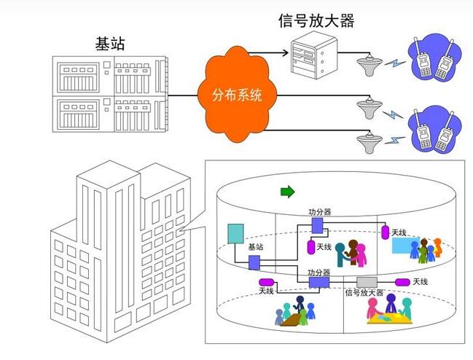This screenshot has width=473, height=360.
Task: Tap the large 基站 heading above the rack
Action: pos(110,43)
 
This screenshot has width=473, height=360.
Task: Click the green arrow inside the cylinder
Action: pos(287,192)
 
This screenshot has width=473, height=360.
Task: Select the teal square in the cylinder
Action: pos(235,233)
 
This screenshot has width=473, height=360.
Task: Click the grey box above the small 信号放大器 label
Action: pos(367,282)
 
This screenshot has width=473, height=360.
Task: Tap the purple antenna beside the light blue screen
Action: pos(385,231)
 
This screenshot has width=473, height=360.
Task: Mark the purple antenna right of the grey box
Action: pos(402,282)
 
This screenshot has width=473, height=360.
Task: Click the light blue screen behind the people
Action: pos(407,245)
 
